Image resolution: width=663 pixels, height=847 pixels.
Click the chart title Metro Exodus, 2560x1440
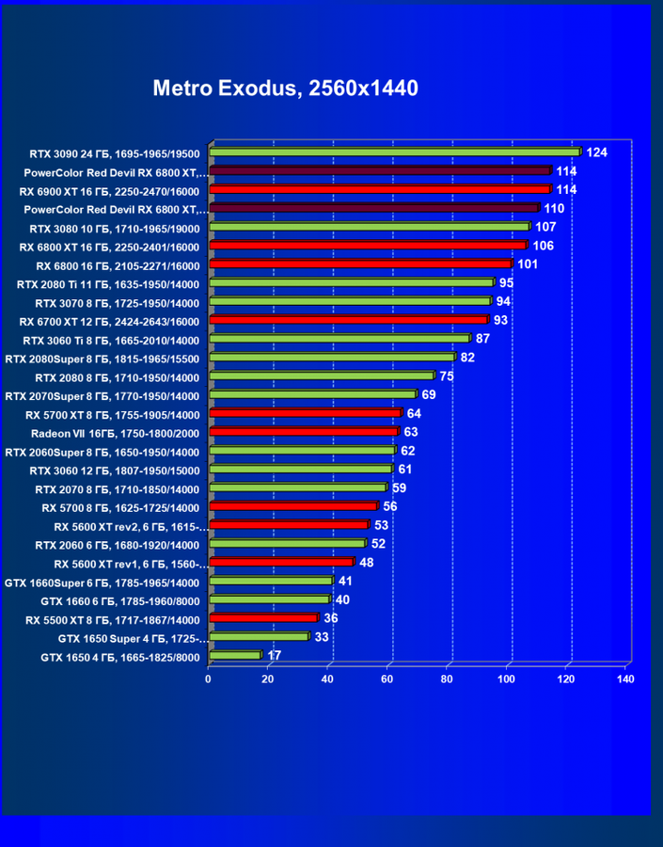point(285,88)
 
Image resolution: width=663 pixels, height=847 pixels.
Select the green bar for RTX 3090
point(395,152)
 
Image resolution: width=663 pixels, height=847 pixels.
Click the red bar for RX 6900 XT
point(379,189)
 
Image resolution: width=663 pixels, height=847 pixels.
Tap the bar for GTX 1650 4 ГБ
point(235,655)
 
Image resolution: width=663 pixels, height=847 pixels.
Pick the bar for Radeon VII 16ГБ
point(304,432)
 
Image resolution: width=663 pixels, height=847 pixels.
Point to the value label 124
point(597,152)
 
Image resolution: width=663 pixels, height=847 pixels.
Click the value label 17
point(275,656)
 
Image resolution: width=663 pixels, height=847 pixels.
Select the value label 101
point(528,264)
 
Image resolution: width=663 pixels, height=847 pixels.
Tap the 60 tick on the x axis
point(387,679)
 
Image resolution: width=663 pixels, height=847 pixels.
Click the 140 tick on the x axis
point(625,679)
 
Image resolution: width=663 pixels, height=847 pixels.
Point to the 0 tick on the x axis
point(209,679)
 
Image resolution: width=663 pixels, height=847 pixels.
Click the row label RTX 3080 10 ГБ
point(114,228)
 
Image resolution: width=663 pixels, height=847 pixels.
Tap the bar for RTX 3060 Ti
point(339,339)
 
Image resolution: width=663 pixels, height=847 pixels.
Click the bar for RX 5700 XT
point(306,413)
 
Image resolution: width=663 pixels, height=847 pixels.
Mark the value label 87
point(482,339)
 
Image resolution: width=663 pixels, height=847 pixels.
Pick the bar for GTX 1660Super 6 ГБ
point(271,581)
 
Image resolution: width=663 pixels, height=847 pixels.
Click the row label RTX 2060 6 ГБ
point(117,545)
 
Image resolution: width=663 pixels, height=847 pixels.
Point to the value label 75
point(447,376)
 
